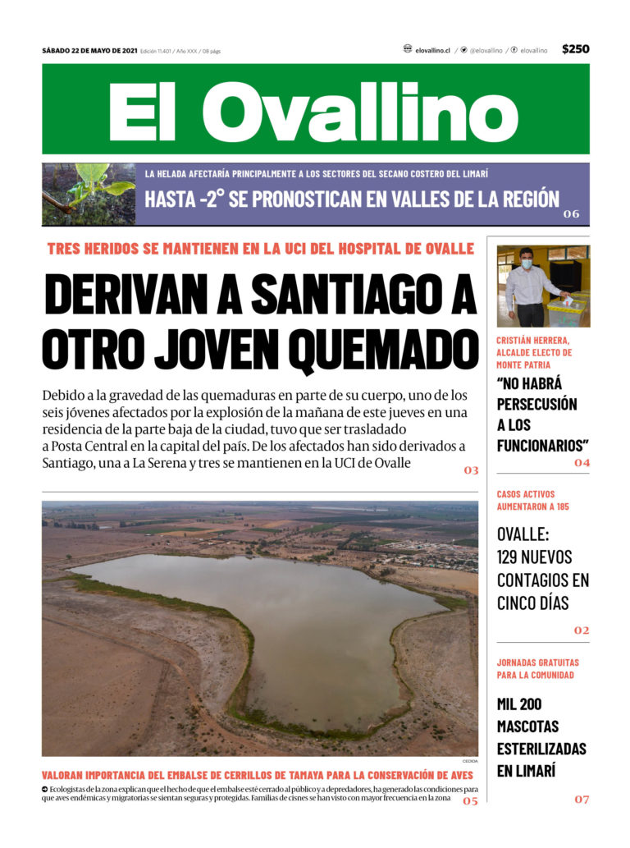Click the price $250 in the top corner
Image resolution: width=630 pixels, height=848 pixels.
point(575,49)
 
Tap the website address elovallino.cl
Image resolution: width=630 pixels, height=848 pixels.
point(432,50)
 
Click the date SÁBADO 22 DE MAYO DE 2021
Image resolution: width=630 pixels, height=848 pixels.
point(89,50)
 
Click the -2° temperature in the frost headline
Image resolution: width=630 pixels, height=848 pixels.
point(208,199)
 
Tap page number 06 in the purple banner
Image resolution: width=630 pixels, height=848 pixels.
point(571,214)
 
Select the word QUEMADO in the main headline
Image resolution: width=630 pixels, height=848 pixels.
point(381,347)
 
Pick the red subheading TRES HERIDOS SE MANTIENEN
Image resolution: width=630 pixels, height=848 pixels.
point(261,249)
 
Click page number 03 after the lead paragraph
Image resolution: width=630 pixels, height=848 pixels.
point(470,470)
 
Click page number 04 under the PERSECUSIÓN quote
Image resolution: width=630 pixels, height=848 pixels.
point(582,463)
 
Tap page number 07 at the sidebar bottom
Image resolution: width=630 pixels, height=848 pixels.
point(581,799)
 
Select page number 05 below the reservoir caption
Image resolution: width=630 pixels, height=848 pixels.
point(469,800)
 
